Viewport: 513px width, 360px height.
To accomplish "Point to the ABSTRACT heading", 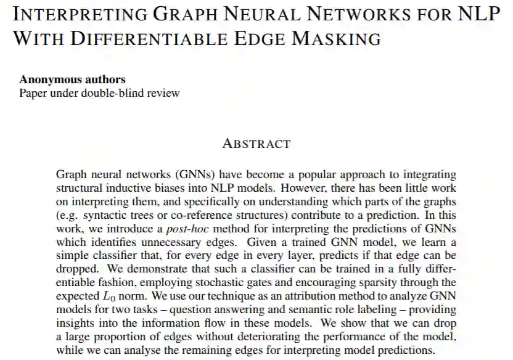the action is tap(256, 144).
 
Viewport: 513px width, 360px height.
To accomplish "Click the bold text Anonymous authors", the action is tap(72, 80).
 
